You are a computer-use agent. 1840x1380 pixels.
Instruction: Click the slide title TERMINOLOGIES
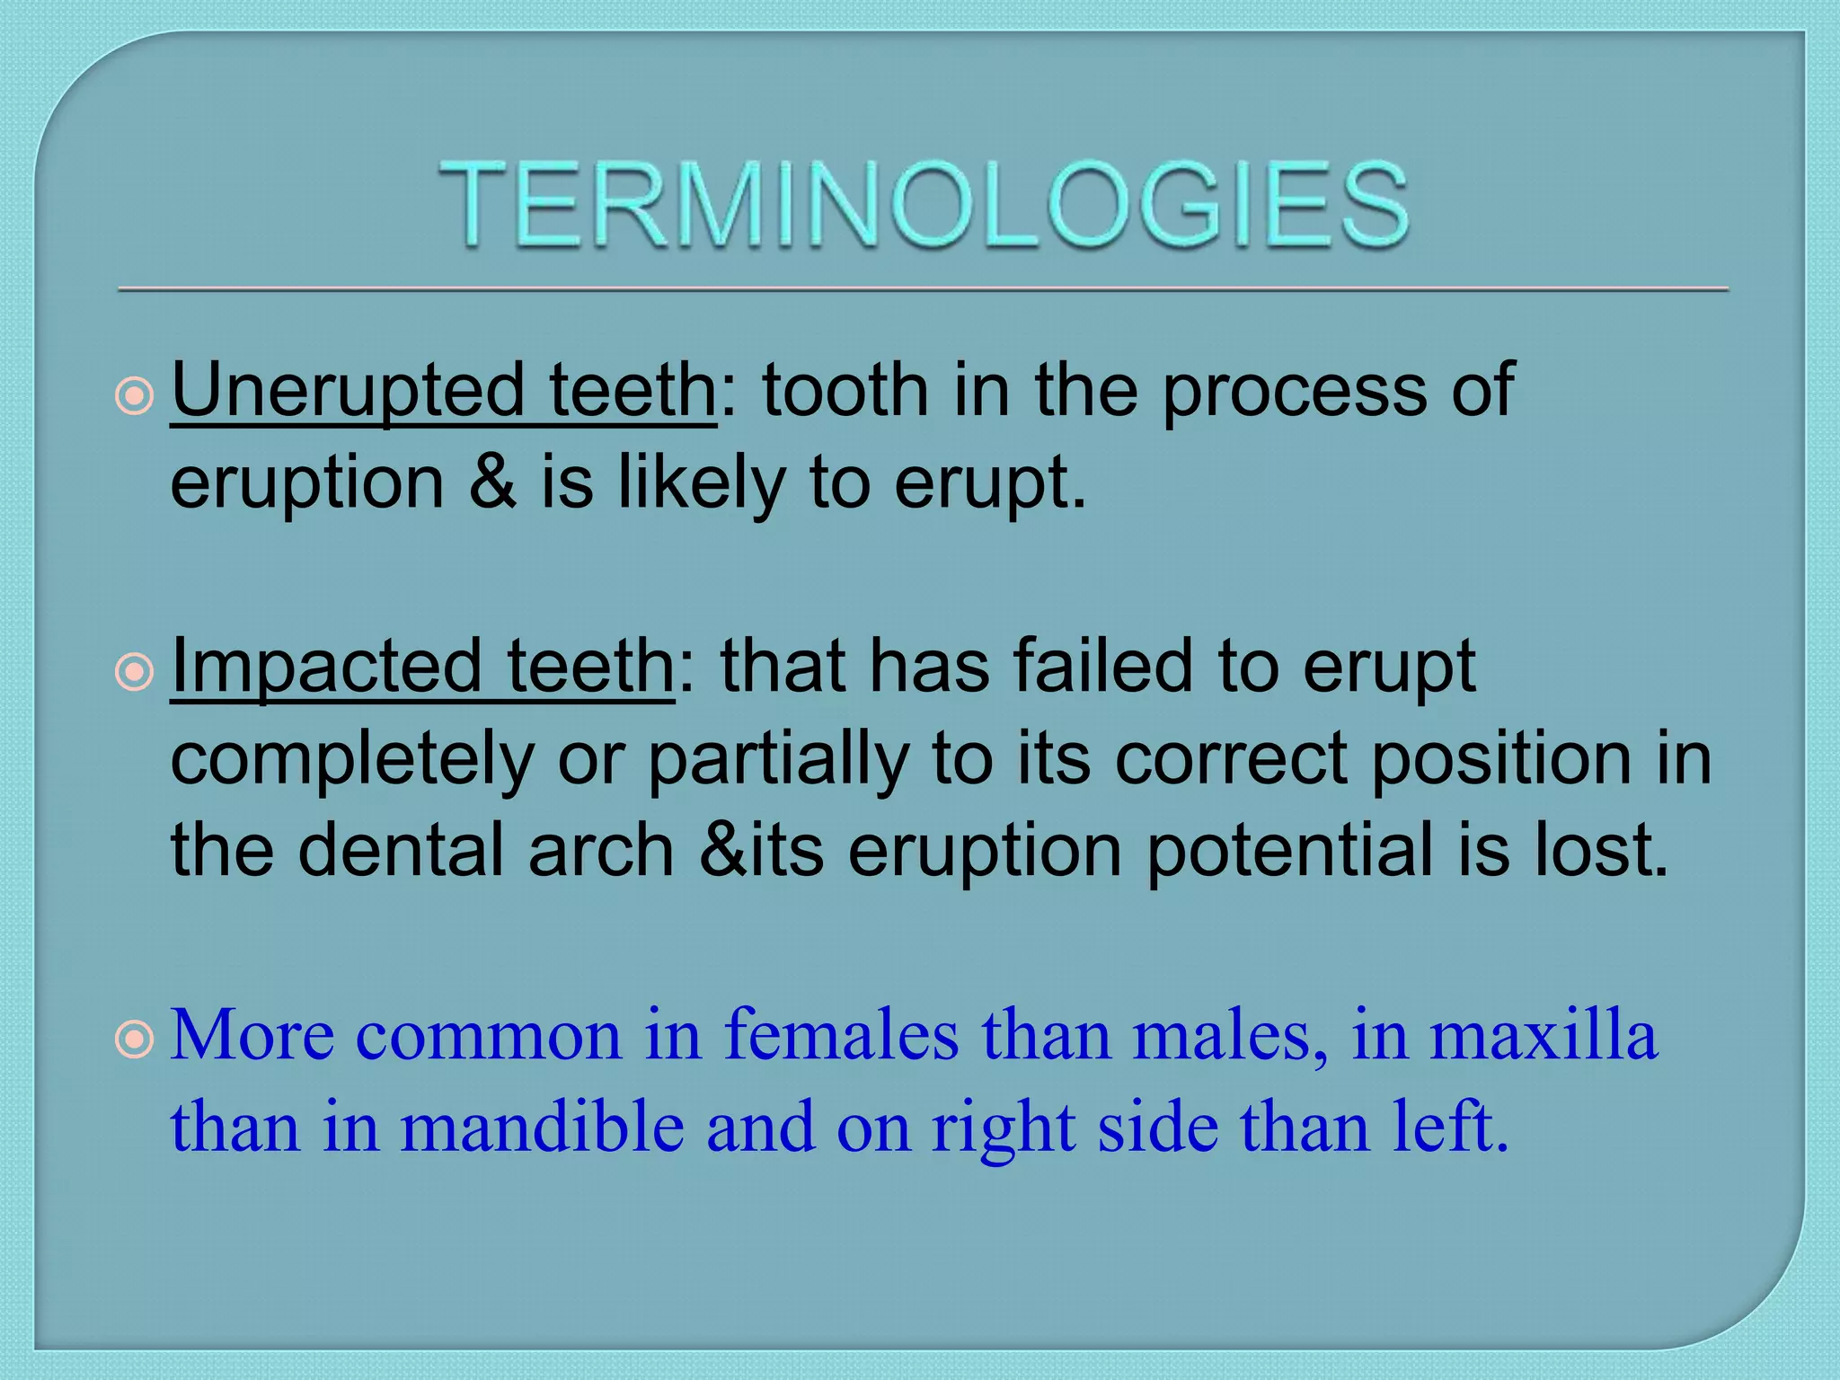click(924, 204)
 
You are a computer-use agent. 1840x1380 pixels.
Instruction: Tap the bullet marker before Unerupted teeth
click(135, 395)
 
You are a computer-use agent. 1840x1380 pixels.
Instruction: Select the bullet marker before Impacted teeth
click(135, 671)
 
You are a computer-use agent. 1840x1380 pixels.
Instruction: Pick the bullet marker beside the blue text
click(135, 1040)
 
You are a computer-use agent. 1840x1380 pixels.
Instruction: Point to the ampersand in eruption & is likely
click(492, 482)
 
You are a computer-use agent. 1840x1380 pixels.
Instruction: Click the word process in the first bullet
click(1295, 390)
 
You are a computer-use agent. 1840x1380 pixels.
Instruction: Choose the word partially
click(778, 759)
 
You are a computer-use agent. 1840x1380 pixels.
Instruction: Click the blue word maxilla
click(1543, 1035)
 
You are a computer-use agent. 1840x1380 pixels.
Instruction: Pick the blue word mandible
click(543, 1127)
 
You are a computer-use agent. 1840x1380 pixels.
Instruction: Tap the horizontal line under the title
click(924, 289)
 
